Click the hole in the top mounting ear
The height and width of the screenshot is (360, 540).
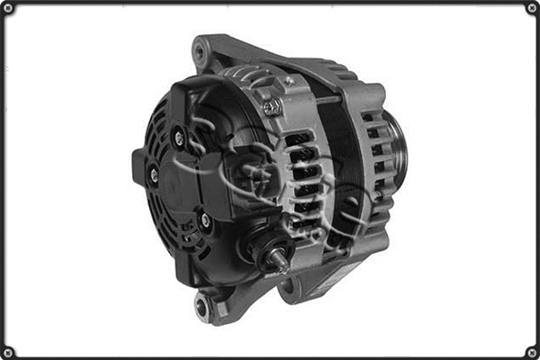click(199, 52)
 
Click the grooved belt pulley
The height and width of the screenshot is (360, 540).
click(396, 148)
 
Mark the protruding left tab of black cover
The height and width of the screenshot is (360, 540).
click(138, 167)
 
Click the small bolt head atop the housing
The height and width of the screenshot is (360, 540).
click(290, 81)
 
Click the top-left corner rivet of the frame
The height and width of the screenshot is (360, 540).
click(8, 8)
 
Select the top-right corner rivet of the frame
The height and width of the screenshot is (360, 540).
click(531, 8)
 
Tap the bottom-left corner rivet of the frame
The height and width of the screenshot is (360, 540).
click(8, 351)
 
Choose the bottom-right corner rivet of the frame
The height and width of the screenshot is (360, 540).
click(531, 351)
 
